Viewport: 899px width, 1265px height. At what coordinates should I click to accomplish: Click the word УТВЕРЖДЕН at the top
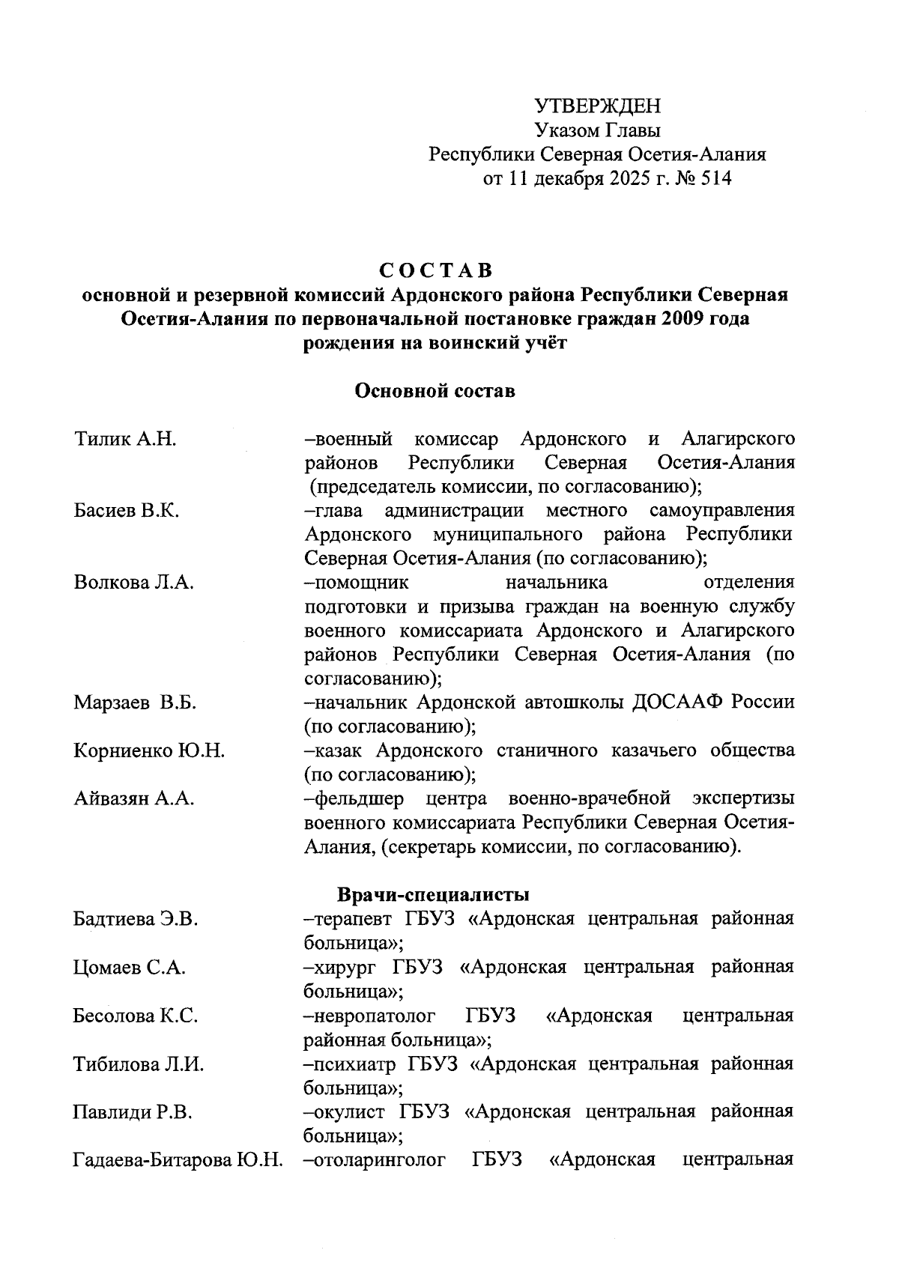[x=597, y=106]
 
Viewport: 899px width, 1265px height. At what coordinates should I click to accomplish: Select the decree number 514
[x=715, y=179]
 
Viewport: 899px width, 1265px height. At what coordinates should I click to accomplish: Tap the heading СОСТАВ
[x=435, y=270]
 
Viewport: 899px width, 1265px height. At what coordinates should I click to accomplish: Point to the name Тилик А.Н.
[x=125, y=439]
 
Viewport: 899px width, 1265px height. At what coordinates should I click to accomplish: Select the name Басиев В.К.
[x=127, y=512]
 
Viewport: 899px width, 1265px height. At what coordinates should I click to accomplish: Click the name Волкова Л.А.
[x=133, y=583]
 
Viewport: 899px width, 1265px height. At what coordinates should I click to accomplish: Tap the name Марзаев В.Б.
[x=135, y=703]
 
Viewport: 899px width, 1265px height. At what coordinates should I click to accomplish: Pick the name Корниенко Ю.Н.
[x=149, y=751]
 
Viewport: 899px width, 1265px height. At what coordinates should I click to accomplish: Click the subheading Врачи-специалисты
[x=434, y=895]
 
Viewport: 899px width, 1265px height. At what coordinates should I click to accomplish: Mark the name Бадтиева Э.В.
[x=135, y=919]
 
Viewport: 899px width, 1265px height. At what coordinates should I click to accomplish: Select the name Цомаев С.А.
[x=129, y=968]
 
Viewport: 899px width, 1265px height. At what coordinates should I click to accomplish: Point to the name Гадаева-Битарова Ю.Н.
[x=178, y=1160]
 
